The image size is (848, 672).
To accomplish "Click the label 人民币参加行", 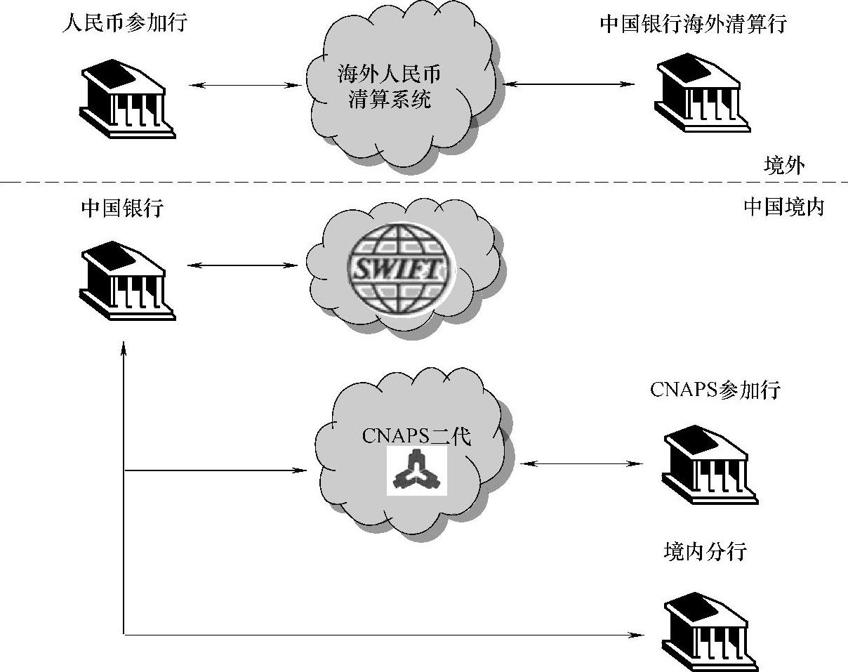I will click(124, 23).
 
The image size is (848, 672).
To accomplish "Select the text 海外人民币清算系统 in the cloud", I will click(390, 87).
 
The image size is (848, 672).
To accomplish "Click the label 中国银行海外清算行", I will click(693, 24).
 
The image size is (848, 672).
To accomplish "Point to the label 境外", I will click(784, 166).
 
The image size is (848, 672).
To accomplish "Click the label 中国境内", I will click(783, 207).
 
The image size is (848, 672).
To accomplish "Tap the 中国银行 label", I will click(121, 208).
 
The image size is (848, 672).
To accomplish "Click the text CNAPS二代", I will click(416, 436).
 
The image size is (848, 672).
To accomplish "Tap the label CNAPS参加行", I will click(715, 389).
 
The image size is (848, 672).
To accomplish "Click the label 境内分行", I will click(704, 552).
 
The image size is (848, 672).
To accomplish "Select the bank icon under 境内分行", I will click(709, 631).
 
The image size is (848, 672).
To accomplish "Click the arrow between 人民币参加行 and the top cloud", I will click(245, 86).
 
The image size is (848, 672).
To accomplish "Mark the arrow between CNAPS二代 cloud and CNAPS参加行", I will click(582, 463).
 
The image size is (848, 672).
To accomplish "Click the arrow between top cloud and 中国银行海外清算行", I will click(568, 84).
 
